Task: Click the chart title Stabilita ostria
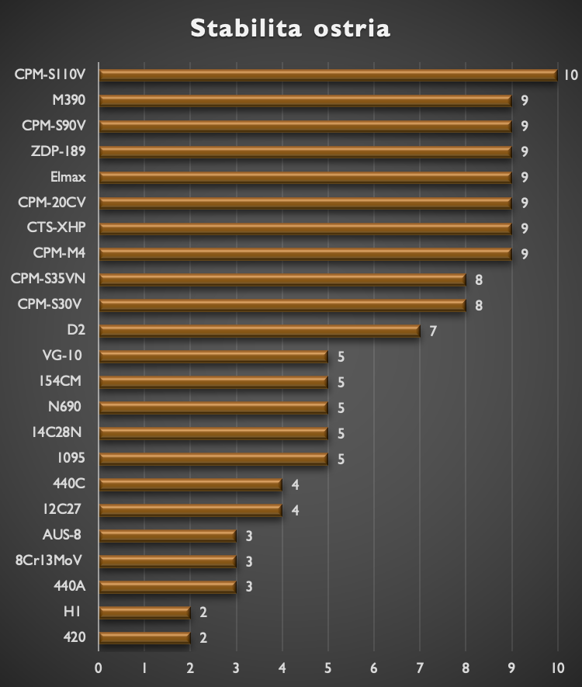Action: pos(290,29)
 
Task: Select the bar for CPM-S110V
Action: pos(328,75)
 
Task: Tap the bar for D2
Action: pos(260,331)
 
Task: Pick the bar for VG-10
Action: pos(214,356)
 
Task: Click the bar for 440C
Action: pos(191,484)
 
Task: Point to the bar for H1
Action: pos(145,612)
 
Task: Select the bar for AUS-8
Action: pos(168,536)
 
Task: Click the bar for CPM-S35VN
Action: pos(282,279)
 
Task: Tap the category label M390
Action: pos(69,99)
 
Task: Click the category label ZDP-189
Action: pos(58,151)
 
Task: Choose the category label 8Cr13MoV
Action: pos(50,560)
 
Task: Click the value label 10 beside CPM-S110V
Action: pos(571,75)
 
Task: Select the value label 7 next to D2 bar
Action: pos(433,331)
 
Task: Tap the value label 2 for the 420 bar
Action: pos(203,639)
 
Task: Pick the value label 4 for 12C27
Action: pos(295,510)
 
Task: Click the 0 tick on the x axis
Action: pos(99,668)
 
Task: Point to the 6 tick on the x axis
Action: pos(374,668)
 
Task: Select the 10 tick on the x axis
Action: pos(556,668)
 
